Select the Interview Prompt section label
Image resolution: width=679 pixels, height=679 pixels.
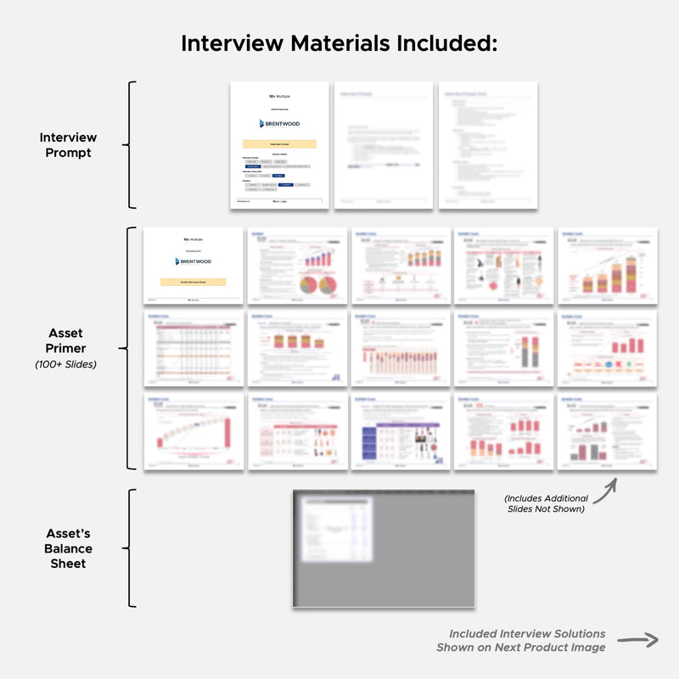[68, 145]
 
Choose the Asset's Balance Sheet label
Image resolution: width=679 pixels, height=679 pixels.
[69, 548]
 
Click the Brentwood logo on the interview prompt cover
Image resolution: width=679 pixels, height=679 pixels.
[278, 123]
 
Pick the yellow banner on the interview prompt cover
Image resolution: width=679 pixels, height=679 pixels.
[279, 145]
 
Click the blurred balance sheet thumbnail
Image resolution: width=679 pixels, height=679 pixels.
[384, 548]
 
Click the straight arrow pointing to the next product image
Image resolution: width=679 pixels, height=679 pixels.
[637, 641]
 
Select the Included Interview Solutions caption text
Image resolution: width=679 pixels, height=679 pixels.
[527, 634]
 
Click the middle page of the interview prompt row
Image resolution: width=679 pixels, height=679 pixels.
[384, 145]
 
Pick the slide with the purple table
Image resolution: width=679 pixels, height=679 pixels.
[400, 431]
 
